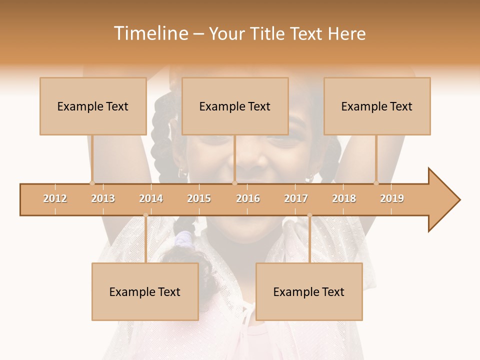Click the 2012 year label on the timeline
[55, 198]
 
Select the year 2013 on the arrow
[103, 198]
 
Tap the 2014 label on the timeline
[151, 198]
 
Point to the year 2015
[199, 198]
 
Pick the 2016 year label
[248, 198]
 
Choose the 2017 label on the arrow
[296, 198]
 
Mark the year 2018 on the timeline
[344, 198]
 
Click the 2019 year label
[392, 198]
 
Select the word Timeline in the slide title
[150, 33]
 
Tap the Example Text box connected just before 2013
[93, 106]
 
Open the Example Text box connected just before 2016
[235, 106]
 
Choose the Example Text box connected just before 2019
[377, 106]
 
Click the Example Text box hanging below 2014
[145, 291]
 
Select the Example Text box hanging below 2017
[309, 291]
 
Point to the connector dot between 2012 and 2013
[92, 183]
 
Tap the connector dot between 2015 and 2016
[234, 183]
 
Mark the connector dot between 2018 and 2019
[376, 183]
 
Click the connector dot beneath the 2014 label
[145, 215]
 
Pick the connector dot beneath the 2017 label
[309, 215]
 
